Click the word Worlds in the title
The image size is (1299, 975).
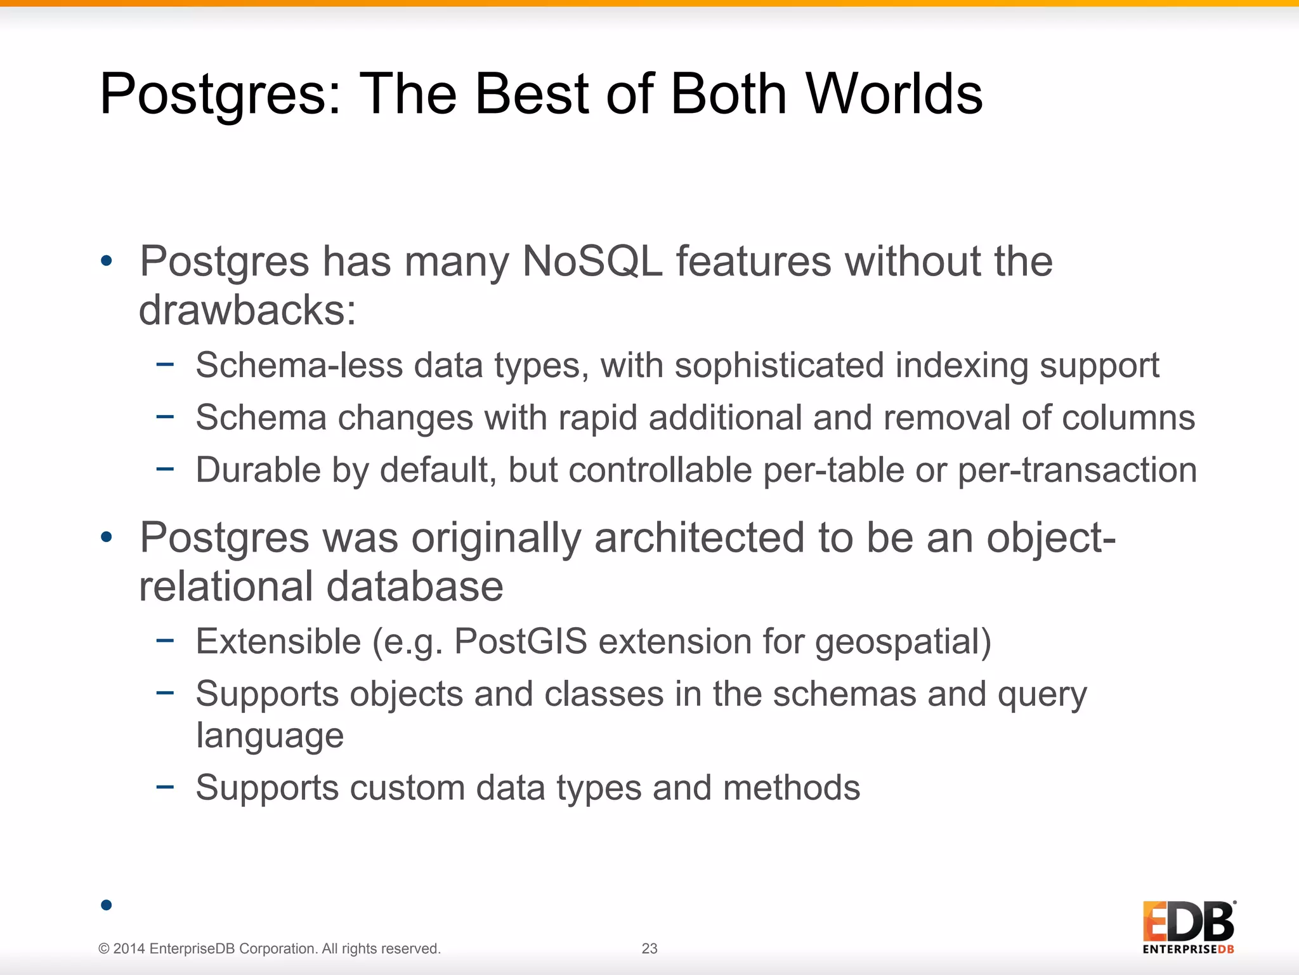tap(894, 94)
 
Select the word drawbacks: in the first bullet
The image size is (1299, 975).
tap(247, 310)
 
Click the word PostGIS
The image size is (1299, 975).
tap(520, 641)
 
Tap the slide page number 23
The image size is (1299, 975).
tap(649, 948)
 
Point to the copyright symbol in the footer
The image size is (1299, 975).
tap(104, 949)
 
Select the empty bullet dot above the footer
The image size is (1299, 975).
tap(106, 905)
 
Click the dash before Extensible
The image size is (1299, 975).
tap(165, 640)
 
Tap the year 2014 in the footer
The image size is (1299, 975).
tap(129, 949)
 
